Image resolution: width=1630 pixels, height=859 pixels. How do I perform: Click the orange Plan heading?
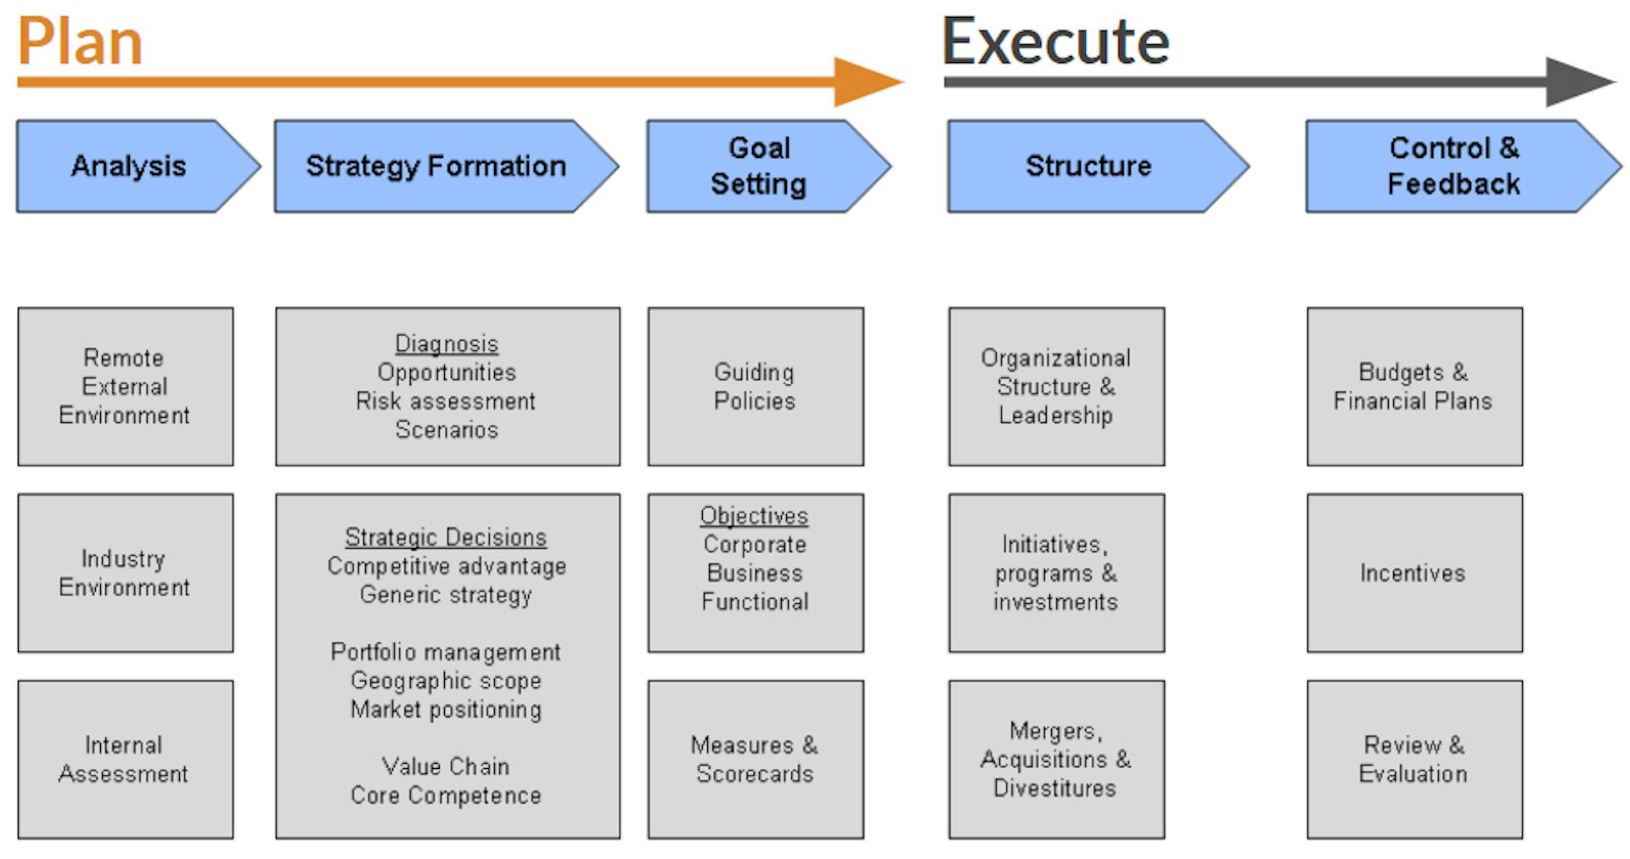(x=80, y=42)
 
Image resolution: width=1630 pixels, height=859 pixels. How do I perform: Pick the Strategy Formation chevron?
(x=447, y=166)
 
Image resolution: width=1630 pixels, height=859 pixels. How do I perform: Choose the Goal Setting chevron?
(x=769, y=166)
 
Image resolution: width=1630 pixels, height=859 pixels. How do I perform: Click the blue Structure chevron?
(x=1099, y=166)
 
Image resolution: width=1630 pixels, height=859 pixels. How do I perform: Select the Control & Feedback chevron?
(x=1464, y=166)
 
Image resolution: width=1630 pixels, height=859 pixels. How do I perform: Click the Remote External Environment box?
(x=126, y=387)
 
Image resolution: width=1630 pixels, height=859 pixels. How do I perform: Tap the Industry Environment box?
(x=126, y=573)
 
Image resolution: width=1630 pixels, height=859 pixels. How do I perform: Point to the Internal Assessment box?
(x=126, y=760)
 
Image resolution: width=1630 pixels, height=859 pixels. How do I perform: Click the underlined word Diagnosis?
(x=447, y=344)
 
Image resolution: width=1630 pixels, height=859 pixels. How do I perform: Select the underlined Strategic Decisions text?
(x=446, y=538)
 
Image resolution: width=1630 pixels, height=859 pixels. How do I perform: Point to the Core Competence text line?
(x=446, y=795)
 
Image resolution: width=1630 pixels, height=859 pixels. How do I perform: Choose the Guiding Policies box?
(x=756, y=387)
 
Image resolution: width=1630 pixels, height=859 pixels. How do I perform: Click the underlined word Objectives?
(x=754, y=516)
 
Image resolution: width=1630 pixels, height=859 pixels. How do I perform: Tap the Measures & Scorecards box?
(x=756, y=760)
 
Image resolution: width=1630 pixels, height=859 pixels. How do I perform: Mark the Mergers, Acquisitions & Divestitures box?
(x=1057, y=760)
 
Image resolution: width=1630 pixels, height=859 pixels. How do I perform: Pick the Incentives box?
(x=1415, y=573)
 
